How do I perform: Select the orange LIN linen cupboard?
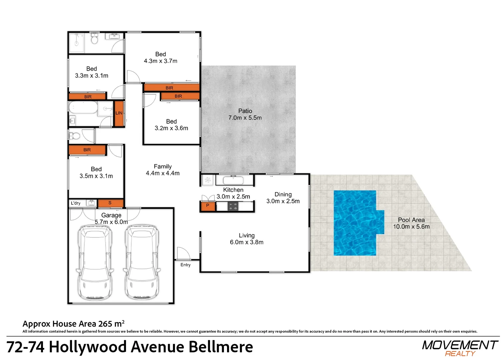coord(119,113)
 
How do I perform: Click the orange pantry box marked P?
coord(208,206)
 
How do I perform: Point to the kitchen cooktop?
coord(233,206)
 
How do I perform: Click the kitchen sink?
coord(233,180)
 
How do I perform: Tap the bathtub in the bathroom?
coord(83,107)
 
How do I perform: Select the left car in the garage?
coord(95,262)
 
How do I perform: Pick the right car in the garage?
coord(142,262)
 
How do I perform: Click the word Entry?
coord(185,265)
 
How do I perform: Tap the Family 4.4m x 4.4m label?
coord(163,170)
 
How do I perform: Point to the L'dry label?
coord(76,203)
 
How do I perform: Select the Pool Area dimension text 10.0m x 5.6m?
coord(411,226)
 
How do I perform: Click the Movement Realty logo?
coord(460,348)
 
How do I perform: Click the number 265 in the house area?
coord(105,324)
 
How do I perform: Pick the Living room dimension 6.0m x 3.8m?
coord(247,242)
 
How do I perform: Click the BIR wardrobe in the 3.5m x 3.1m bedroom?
coord(87,150)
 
